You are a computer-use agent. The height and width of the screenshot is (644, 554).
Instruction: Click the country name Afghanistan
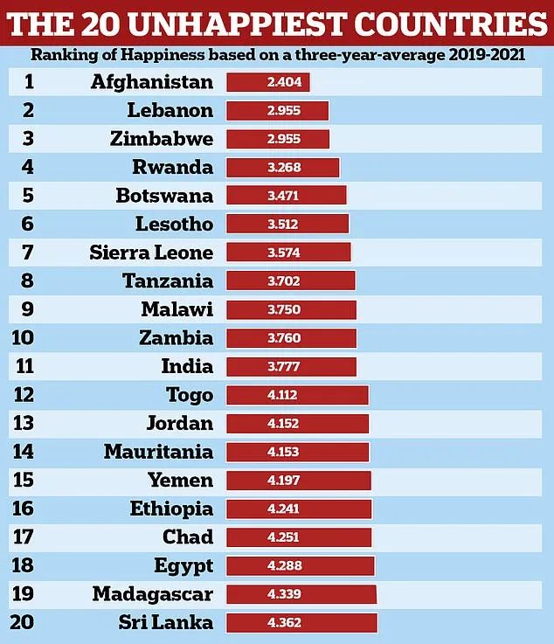pyautogui.click(x=151, y=82)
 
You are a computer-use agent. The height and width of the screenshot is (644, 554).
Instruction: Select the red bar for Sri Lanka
pyautogui.click(x=301, y=622)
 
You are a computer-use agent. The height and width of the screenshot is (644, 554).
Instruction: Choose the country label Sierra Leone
pyautogui.click(x=151, y=253)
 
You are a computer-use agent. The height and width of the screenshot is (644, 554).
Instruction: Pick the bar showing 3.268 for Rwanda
pyautogui.click(x=282, y=168)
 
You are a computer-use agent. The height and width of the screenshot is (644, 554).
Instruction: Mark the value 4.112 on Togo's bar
pyautogui.click(x=282, y=395)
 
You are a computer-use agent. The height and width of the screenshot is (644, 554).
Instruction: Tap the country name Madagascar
pyautogui.click(x=152, y=594)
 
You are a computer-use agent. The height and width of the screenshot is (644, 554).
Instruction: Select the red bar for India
pyautogui.click(x=291, y=367)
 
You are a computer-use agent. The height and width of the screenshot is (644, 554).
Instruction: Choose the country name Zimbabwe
pyautogui.click(x=162, y=139)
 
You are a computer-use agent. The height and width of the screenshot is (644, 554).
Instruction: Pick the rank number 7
pyautogui.click(x=29, y=253)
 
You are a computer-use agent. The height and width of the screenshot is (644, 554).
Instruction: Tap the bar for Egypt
pyautogui.click(x=300, y=565)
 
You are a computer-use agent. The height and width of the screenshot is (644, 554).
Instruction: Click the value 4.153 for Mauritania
pyautogui.click(x=282, y=452)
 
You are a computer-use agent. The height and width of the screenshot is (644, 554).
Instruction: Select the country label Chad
pyautogui.click(x=187, y=537)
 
